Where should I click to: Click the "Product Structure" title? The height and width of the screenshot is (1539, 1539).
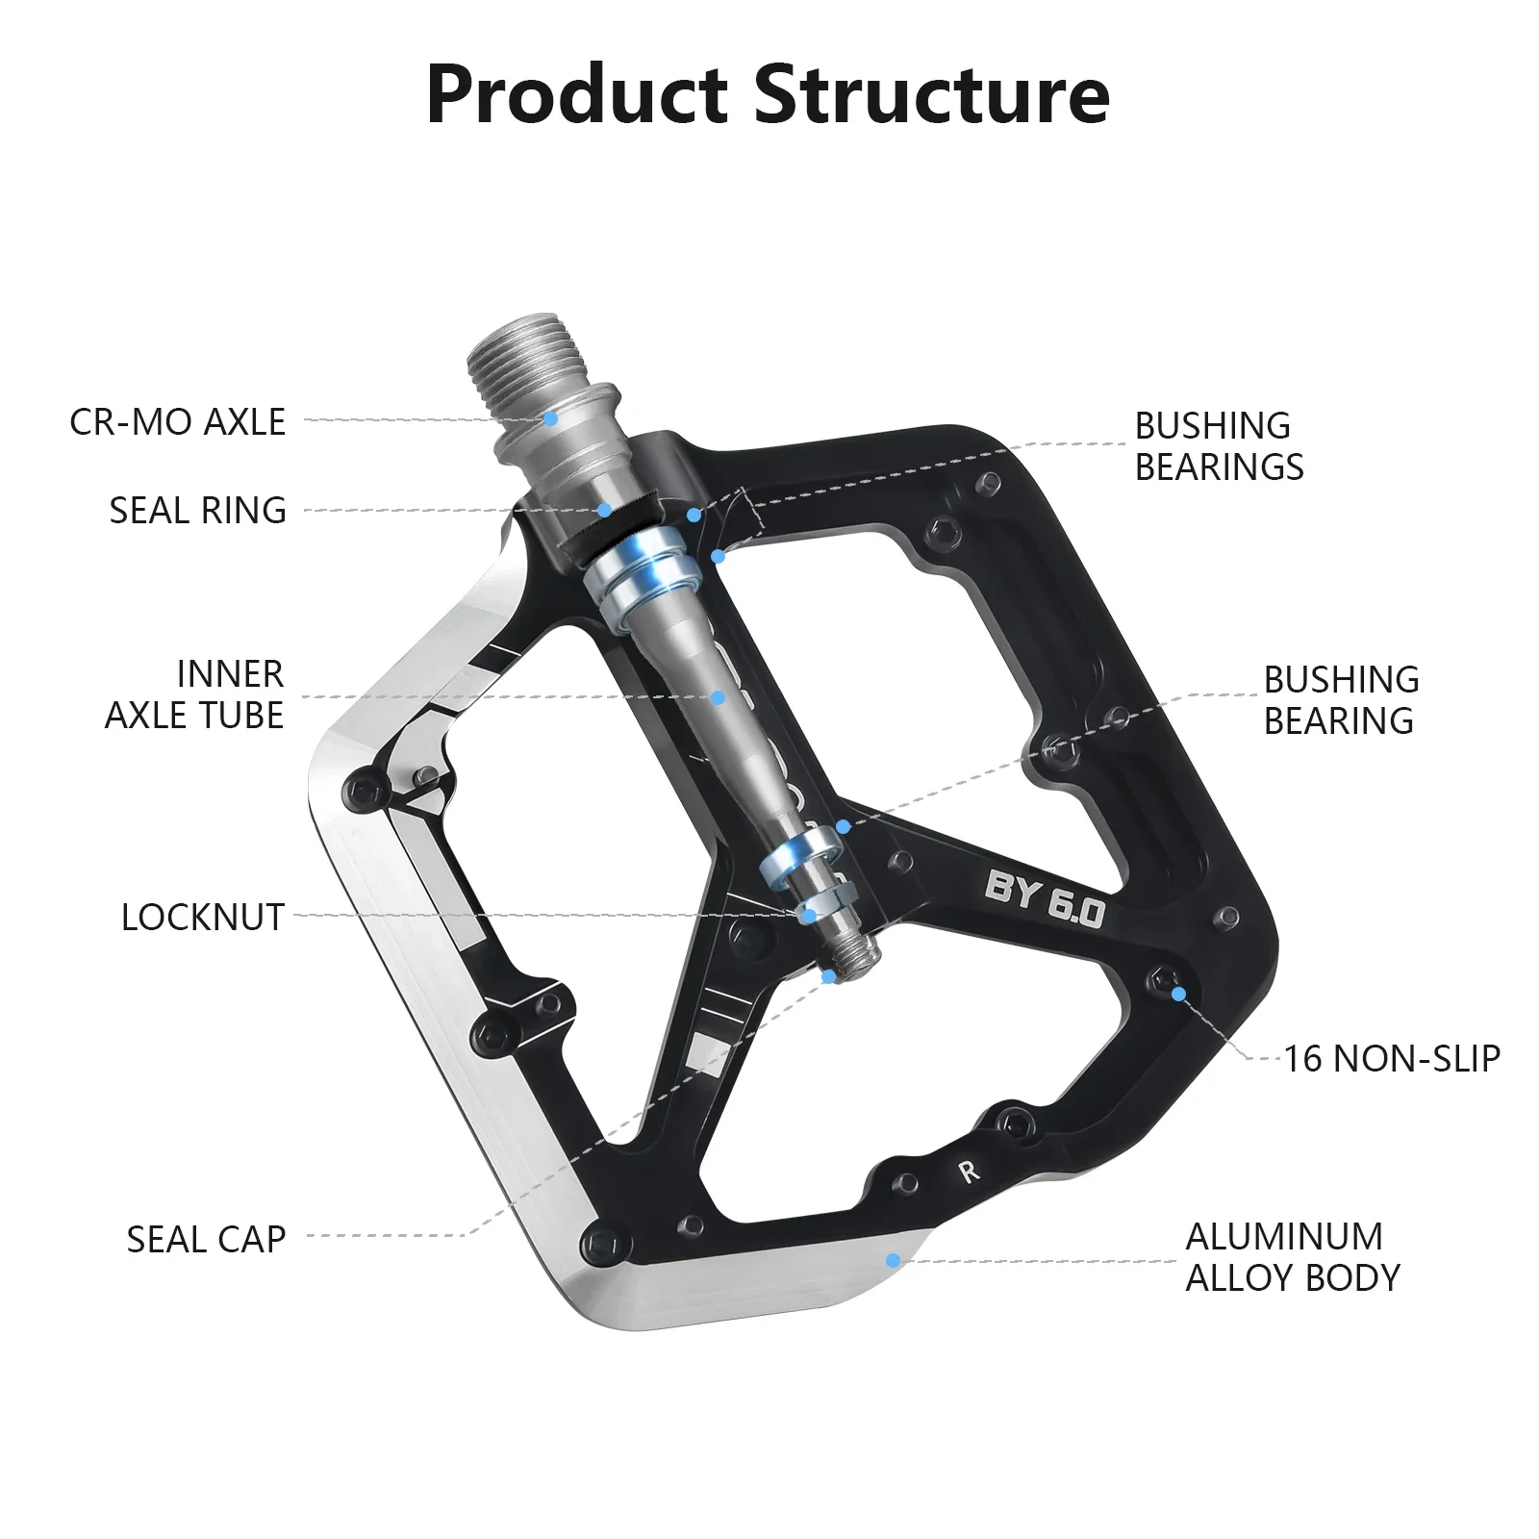(x=768, y=94)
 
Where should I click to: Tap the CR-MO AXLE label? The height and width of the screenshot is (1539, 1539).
(x=178, y=422)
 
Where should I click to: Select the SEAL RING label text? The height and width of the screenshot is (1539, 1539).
(x=198, y=511)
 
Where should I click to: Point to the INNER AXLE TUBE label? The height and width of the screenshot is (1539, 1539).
(x=195, y=694)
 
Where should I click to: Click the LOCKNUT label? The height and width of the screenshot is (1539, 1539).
(x=203, y=918)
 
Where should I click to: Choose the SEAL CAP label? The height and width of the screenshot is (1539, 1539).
(x=207, y=1239)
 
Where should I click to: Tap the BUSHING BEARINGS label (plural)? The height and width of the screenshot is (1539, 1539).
(x=1219, y=446)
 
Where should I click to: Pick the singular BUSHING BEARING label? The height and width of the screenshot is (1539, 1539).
(x=1341, y=699)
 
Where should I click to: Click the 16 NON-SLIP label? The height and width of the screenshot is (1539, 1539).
(x=1392, y=1058)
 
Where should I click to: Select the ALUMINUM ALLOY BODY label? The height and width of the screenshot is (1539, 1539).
(x=1293, y=1257)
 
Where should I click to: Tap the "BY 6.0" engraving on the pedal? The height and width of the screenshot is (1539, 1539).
(x=1045, y=900)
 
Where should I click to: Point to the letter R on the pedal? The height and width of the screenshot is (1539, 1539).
(x=969, y=1172)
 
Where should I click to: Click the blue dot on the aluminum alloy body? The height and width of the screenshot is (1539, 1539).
(x=894, y=1260)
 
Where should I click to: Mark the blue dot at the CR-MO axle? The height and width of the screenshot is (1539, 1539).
(x=551, y=418)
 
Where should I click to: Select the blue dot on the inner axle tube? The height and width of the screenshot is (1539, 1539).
(x=719, y=696)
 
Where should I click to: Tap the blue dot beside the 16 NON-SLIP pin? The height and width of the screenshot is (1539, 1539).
(x=1178, y=994)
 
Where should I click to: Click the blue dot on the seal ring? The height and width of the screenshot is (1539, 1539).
(x=604, y=510)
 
